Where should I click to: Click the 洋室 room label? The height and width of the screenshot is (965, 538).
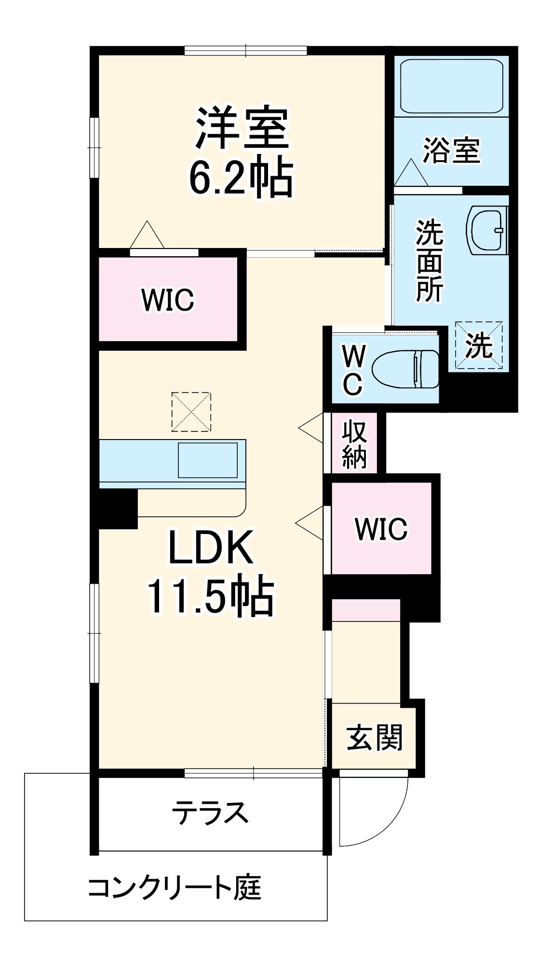(x=242, y=128)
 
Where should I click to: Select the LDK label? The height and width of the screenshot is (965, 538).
(x=211, y=548)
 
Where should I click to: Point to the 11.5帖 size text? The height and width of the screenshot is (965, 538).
(x=211, y=597)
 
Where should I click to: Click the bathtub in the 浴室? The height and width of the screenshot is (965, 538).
(x=451, y=86)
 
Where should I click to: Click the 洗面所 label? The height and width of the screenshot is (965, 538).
(x=429, y=261)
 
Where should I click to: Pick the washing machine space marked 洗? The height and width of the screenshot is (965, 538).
(x=479, y=346)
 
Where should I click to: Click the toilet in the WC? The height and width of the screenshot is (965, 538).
(x=406, y=369)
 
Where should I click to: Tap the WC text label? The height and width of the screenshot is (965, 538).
(x=353, y=370)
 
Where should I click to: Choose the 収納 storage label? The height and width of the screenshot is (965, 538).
(x=354, y=445)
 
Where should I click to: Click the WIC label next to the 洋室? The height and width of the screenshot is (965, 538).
(x=168, y=300)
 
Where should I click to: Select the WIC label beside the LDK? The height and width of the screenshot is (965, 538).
(x=381, y=529)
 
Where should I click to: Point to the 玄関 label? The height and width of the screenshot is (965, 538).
(x=374, y=737)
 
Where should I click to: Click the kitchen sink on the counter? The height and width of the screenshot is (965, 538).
(x=208, y=460)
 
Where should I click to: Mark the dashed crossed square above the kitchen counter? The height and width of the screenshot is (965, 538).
(x=191, y=412)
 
